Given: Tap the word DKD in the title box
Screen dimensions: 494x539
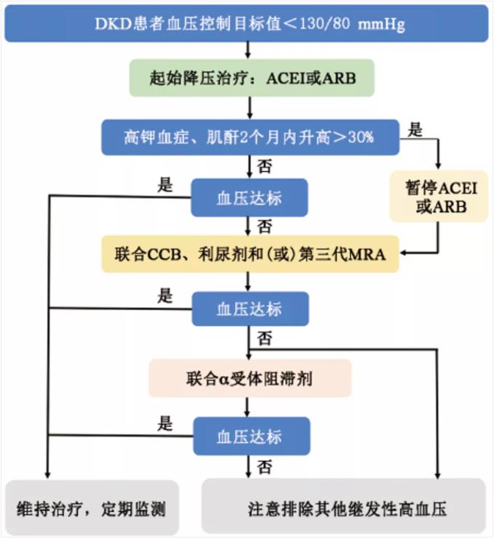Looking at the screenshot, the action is pos(113,24).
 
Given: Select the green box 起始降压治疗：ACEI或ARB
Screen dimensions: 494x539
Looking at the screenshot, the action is pos(252,78).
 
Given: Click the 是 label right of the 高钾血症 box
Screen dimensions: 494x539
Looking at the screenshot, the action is pos(415,130).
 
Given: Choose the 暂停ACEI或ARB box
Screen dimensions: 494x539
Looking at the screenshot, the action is pos(439,196).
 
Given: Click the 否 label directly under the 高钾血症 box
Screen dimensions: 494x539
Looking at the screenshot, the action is pos(264,166).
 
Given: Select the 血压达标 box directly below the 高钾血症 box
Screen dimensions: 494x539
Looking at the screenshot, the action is pos(250,197).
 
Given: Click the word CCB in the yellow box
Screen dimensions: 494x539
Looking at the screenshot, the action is pos(164,254).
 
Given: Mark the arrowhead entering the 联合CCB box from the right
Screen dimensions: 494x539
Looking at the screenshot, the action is pos(403,253).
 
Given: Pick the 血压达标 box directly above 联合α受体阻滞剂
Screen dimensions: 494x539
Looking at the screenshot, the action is pos(250,309).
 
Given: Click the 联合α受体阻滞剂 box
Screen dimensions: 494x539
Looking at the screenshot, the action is pos(250,378).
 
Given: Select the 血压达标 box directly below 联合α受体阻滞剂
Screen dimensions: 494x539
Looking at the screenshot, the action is pos(252,436).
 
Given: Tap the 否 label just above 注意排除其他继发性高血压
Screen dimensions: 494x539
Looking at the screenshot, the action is pos(264,467).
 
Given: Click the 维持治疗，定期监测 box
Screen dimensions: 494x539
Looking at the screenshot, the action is pos(92,508).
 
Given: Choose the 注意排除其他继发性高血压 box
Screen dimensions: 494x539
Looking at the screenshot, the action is pos(343,508).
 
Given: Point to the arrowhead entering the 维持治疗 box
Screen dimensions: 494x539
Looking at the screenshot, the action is pos(48,475).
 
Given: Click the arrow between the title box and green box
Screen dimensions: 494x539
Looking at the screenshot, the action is pos(247,50).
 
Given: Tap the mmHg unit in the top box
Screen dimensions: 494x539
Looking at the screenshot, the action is pos(381,25).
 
